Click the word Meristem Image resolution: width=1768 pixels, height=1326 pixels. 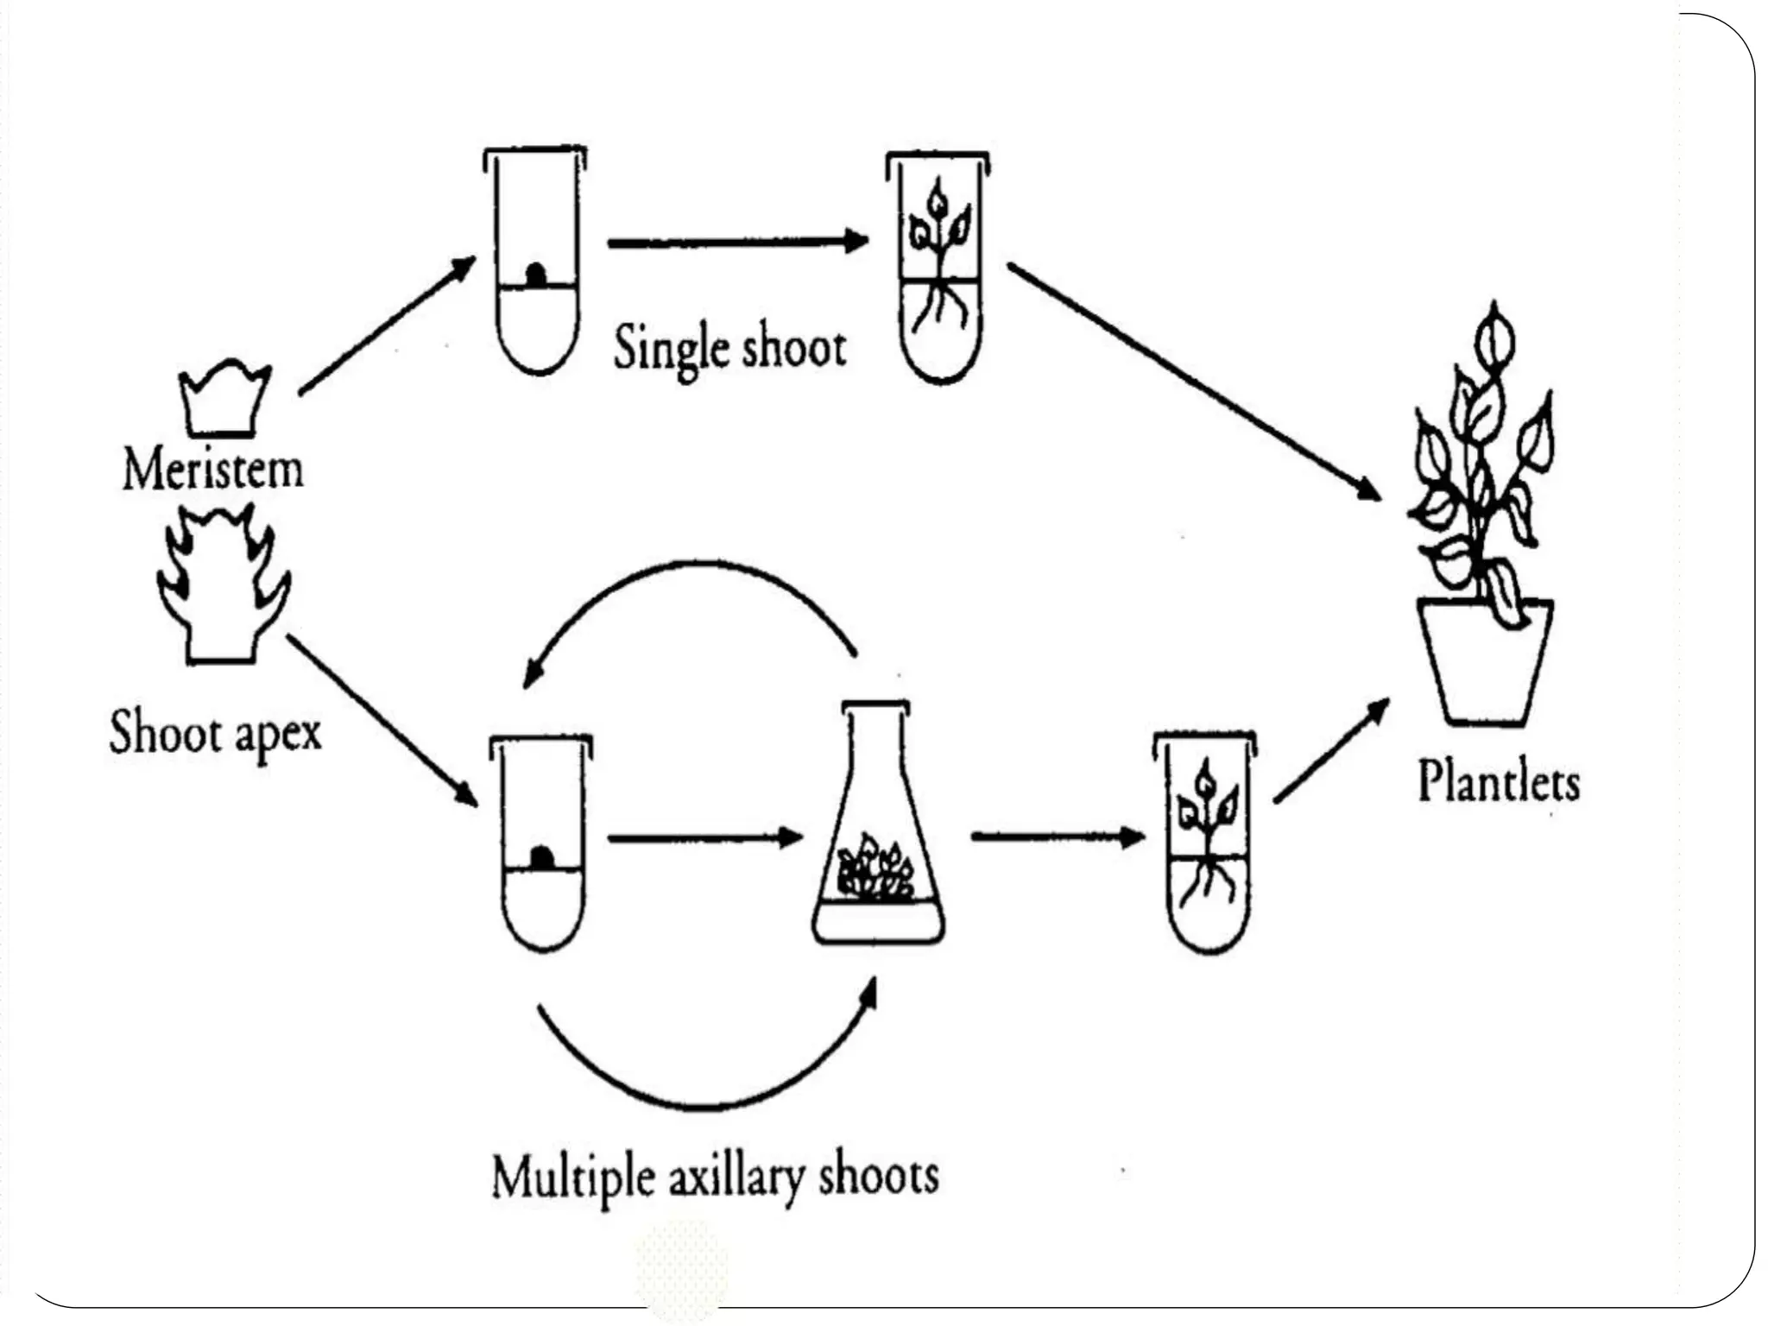[x=213, y=470]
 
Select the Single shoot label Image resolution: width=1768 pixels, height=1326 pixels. [x=729, y=348]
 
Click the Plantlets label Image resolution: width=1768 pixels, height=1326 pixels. [x=1499, y=781]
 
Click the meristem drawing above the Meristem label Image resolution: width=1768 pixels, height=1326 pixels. [x=224, y=400]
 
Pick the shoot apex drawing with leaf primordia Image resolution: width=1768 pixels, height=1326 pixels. [x=223, y=587]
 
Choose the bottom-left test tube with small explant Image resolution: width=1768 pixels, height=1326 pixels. [x=542, y=846]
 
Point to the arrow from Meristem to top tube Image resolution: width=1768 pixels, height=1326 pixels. [x=387, y=325]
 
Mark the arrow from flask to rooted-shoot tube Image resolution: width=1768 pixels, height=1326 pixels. [x=1057, y=837]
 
